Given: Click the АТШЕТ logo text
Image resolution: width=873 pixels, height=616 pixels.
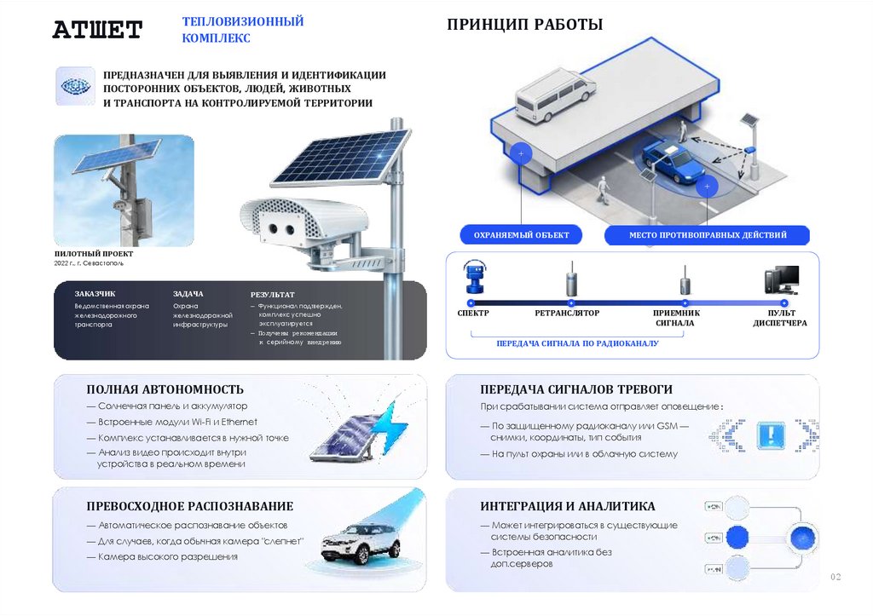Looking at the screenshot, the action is pos(97,31).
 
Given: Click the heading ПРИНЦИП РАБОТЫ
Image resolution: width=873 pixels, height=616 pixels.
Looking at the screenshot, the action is pos(524,25).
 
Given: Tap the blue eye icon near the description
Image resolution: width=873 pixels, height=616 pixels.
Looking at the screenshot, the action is pos(74,86).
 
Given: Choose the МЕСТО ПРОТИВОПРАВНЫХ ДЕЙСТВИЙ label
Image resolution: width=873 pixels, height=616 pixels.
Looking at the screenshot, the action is pos(708,234).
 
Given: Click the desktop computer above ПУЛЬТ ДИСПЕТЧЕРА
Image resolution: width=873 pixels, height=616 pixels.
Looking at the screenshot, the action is pos(782,280).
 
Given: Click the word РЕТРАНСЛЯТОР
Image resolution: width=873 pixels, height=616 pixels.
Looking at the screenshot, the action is pos(567,313).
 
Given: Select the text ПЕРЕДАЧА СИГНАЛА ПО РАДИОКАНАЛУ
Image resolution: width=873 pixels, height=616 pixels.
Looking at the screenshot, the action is pos(577,343).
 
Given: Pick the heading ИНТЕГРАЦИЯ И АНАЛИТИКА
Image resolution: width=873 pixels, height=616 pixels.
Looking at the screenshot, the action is pos(568,506).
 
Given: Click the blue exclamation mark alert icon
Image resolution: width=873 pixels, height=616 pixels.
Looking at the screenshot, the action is pos(771,434).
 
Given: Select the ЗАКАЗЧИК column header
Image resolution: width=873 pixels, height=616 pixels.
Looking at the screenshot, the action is pos(95,293).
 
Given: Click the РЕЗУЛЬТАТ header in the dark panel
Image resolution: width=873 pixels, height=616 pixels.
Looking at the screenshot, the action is pos(272,293).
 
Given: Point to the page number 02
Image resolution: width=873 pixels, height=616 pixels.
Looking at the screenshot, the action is pos(835,578).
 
